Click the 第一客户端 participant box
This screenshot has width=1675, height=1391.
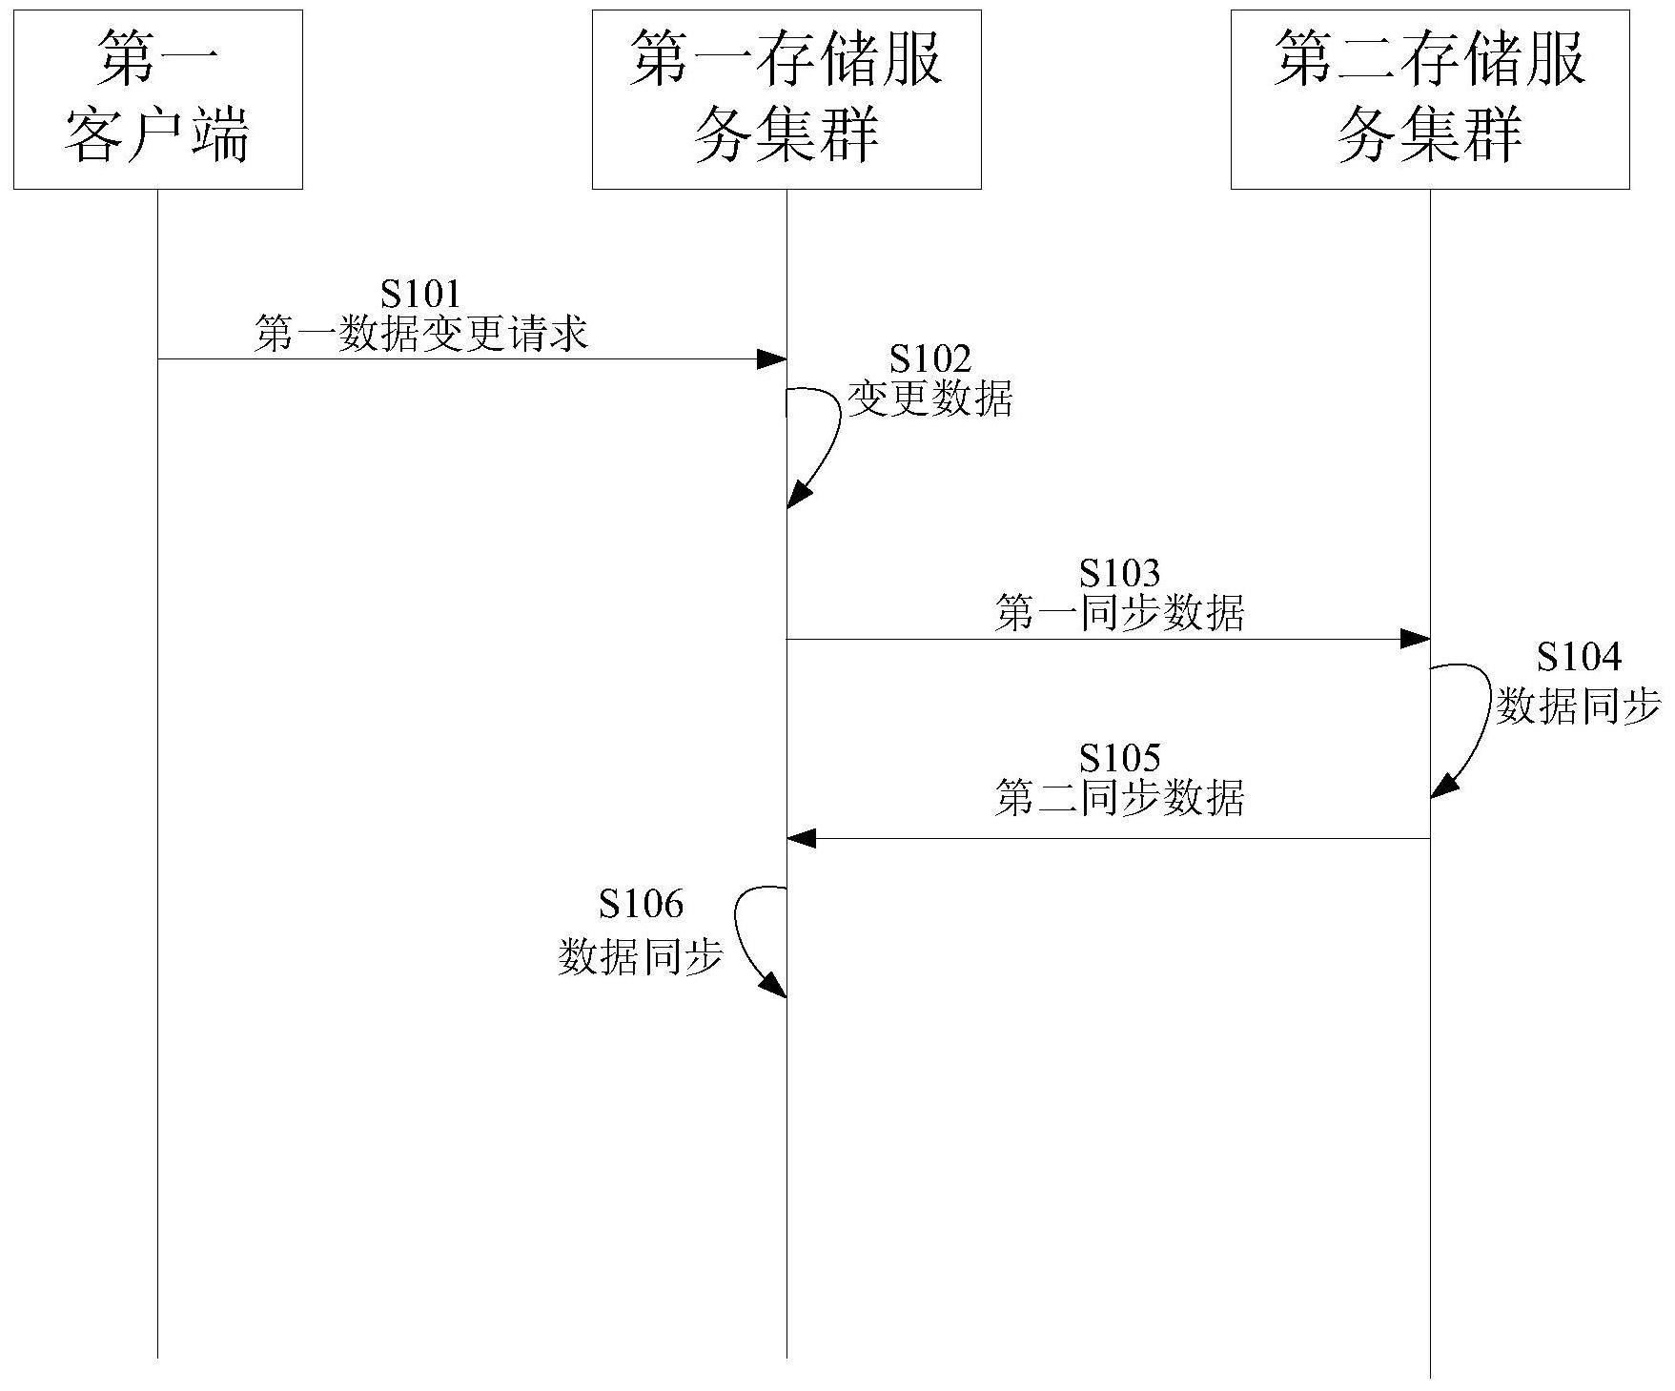tap(157, 99)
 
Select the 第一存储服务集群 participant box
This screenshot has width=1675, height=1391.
tap(786, 99)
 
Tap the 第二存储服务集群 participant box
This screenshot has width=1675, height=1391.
tap(1429, 99)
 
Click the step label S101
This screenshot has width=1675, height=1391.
tap(420, 294)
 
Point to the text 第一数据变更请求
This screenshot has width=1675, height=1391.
tap(420, 335)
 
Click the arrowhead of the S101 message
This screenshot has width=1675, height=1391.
tap(772, 359)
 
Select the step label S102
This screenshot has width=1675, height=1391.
tap(929, 359)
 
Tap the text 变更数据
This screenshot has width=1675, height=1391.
tap(929, 399)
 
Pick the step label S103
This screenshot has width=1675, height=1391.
tap(1119, 573)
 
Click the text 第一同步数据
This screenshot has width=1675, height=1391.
tap(1119, 613)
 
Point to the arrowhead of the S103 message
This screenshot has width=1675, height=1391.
tap(1416, 639)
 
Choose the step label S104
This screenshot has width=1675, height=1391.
tap(1579, 657)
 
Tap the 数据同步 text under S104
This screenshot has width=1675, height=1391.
tap(1579, 706)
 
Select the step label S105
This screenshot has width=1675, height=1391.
tap(1119, 758)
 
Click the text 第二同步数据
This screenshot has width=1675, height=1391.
tap(1119, 798)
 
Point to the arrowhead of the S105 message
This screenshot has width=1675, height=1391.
tap(801, 839)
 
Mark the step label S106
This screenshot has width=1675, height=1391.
tap(641, 903)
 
